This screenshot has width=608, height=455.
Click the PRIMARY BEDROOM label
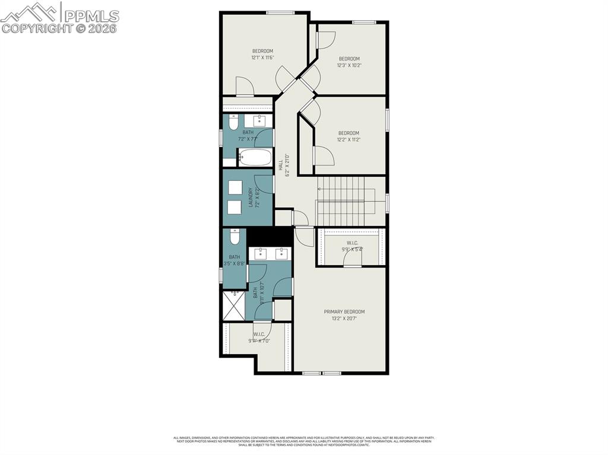coord(344,311)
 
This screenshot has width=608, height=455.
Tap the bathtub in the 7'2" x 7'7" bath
coord(255,157)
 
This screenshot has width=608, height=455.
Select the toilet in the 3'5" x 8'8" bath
coord(235,238)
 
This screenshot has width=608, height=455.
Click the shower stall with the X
coord(234,306)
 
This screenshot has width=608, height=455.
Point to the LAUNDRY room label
coord(251,198)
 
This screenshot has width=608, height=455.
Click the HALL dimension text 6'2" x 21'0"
coord(287,166)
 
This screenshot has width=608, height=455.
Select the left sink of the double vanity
coord(261,254)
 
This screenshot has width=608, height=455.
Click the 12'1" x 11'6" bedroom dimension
coord(262,58)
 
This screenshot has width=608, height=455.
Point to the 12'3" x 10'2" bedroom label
coord(349,58)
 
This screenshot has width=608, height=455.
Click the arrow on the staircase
coord(320,189)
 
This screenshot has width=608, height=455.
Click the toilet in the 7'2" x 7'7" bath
coord(232,124)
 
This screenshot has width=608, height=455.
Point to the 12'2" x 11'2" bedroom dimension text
coord(349,140)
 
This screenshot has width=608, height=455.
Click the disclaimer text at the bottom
coord(303,441)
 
